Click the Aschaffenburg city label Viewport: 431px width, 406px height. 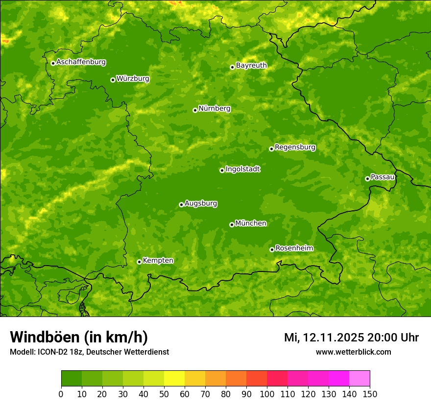click(81, 62)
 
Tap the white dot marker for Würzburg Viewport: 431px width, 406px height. click(113, 80)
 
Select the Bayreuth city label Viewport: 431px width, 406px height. click(251, 66)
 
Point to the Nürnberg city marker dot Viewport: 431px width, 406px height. click(195, 110)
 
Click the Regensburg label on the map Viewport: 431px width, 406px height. click(295, 147)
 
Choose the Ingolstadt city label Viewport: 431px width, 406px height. click(242, 169)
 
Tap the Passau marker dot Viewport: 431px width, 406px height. click(367, 179)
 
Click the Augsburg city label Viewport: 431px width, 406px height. click(201, 203)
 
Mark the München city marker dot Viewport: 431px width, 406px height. click(232, 225)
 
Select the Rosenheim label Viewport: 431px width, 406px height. click(294, 248)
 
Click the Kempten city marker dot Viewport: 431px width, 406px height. click(139, 262)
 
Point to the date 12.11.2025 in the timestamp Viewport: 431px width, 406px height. click(333, 338)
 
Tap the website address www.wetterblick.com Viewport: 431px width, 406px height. click(353, 352)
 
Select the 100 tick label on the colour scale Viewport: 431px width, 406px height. click(267, 394)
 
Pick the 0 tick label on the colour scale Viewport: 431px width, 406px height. click(61, 394)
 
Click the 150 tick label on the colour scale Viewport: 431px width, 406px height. click(370, 394)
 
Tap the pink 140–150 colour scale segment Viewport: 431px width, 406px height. click(359, 379)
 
